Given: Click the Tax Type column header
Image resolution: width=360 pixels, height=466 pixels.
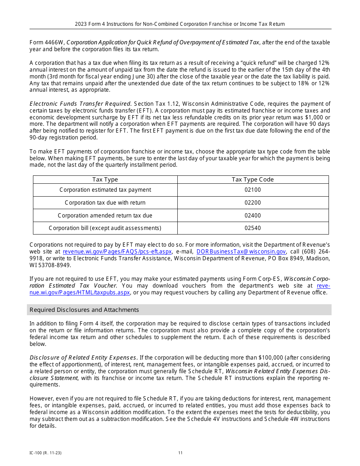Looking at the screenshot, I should [105, 180].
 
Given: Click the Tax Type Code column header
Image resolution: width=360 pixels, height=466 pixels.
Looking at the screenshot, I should [253, 180].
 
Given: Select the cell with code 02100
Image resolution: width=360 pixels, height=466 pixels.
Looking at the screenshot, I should [253, 190].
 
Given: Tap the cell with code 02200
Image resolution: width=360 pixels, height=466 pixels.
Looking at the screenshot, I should [253, 203].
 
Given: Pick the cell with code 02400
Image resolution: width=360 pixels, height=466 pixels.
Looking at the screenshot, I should [253, 216].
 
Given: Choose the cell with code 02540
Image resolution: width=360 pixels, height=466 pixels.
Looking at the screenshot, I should [253, 228].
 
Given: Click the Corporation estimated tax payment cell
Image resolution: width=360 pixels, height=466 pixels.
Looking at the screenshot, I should [105, 190].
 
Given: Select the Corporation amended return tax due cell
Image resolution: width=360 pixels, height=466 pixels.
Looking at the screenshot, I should [105, 216].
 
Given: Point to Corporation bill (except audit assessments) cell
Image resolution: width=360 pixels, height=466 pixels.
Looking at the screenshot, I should [105, 228].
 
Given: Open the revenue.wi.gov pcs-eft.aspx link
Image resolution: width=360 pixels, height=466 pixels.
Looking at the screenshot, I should [117, 252].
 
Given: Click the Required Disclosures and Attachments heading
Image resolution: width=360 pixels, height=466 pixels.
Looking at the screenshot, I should [84, 310].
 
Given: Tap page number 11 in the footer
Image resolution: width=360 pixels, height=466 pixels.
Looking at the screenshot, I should [180, 453].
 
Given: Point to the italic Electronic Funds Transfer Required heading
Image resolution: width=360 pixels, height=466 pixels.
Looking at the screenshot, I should [80, 104].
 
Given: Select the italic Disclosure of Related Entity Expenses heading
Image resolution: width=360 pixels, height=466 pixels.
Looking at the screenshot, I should [83, 358].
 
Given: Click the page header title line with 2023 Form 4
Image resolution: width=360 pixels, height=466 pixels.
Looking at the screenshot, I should [180, 24].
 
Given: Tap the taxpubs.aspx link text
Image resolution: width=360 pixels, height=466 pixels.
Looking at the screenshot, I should [80, 292].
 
